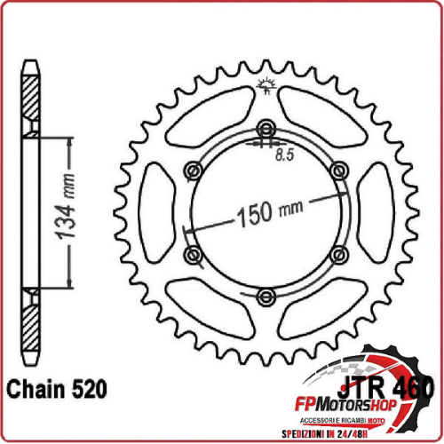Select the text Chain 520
58,389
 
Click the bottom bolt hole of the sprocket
263,297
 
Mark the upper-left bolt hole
189,169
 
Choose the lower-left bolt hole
189,255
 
